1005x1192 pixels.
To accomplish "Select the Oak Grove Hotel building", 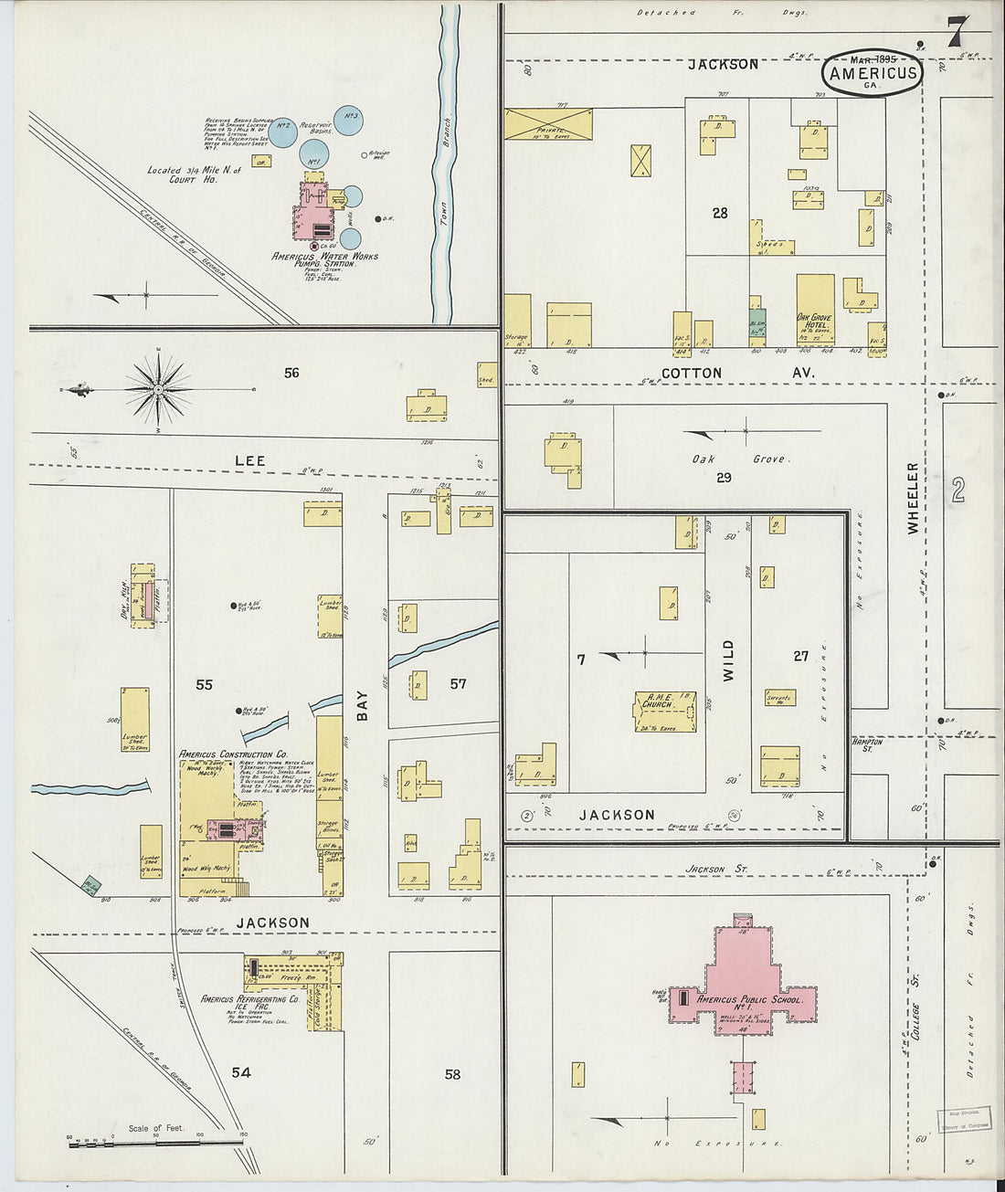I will click(815, 309).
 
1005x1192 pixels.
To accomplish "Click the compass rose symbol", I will click(158, 390).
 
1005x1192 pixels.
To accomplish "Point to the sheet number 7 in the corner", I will click(955, 33).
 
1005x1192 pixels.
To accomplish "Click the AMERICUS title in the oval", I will click(873, 73).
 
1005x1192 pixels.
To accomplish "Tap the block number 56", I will click(291, 373).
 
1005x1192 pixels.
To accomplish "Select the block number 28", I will click(720, 213).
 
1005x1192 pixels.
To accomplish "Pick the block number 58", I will click(452, 1074).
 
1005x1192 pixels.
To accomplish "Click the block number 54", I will click(240, 1072).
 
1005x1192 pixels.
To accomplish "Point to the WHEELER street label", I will click(913, 498).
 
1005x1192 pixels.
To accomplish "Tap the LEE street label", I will click(249, 460).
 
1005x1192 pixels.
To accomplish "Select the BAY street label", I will click(363, 706).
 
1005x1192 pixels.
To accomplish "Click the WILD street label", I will click(728, 661).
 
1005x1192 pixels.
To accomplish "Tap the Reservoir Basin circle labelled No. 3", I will click(350, 119).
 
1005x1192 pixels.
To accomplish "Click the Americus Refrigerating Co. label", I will click(250, 999).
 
